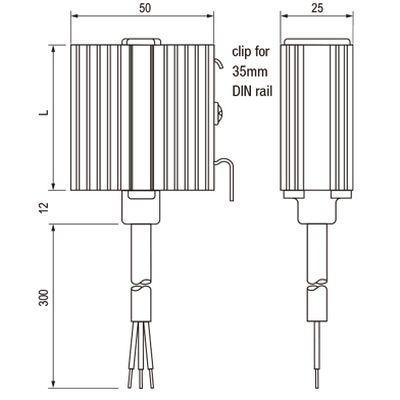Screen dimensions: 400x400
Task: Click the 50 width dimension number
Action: pos(145,8)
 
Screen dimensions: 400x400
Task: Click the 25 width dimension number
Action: pos(317,8)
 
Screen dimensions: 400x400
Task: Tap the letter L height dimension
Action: pos(44,112)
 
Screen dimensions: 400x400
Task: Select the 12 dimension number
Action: pos(44,207)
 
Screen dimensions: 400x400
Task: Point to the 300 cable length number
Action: pos(44,298)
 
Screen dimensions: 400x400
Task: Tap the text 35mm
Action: pos(250,72)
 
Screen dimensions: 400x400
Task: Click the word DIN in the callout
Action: pos(242,91)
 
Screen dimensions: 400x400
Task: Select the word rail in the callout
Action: pos(264,91)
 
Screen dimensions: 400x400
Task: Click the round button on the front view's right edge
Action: pos(217,114)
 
